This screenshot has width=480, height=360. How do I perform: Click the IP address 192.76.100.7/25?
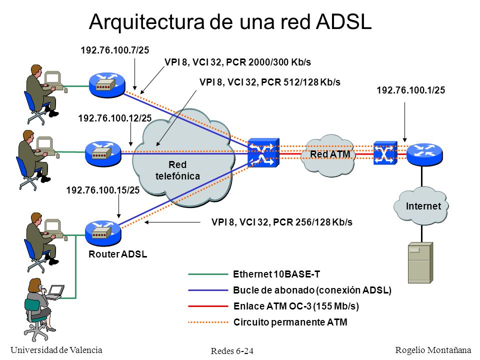(115, 50)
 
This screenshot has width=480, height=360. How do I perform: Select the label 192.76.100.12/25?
(115, 118)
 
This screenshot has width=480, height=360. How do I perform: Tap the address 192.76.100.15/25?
(103, 190)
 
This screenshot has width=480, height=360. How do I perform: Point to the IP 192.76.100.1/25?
(411, 90)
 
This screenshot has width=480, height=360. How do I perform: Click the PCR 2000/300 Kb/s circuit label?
(238, 62)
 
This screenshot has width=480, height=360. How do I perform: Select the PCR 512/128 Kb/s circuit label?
(269, 82)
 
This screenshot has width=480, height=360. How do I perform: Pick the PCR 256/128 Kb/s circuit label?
(281, 222)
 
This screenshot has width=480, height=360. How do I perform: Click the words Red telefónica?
(177, 170)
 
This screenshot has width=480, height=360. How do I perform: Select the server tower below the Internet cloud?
(420, 262)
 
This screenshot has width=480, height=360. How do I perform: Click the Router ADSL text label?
(118, 254)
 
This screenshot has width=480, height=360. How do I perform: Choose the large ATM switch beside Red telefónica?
(263, 152)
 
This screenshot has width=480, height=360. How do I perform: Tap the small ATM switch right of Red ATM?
(385, 153)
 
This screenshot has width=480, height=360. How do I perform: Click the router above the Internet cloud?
(424, 154)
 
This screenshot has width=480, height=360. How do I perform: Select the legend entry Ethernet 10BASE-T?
(276, 274)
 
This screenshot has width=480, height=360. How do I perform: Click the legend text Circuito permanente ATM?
(290, 322)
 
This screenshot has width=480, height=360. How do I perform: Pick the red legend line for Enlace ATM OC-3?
(208, 306)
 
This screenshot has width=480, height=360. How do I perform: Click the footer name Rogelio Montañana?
(433, 350)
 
